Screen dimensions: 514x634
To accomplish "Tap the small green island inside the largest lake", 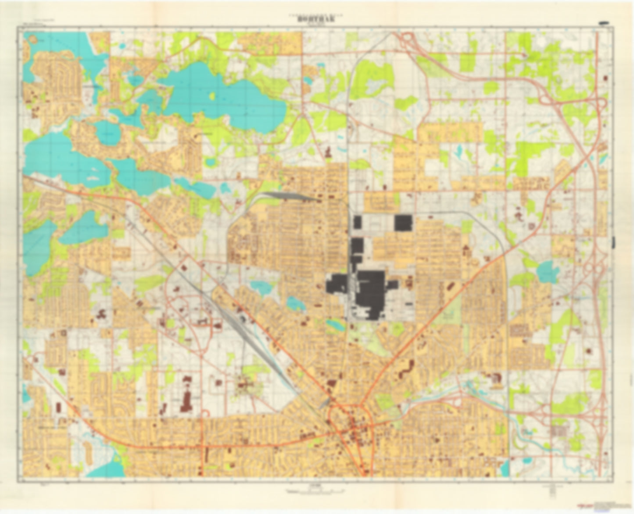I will pyautogui.click(x=213, y=96).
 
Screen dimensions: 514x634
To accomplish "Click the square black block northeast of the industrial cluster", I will pyautogui.click(x=403, y=223).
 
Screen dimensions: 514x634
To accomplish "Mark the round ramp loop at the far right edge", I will pyautogui.click(x=601, y=103).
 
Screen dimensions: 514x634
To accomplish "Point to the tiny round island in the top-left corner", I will pyautogui.click(x=32, y=39).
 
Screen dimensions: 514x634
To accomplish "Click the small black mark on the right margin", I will pyautogui.click(x=613, y=241).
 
